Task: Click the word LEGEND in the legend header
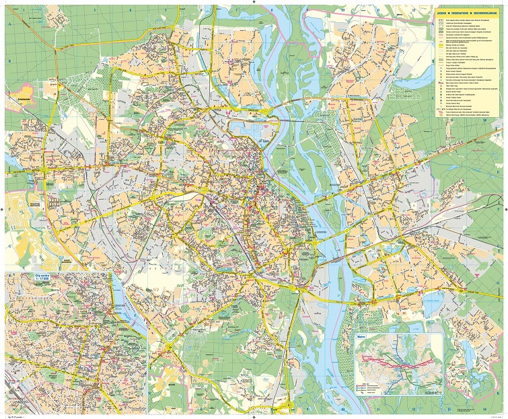click(x=442, y=11)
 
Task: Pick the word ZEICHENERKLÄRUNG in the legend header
click(x=489, y=11)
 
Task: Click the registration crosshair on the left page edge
click(x=4, y=209)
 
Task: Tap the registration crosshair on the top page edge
click(x=254, y=3)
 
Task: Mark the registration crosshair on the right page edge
click(x=504, y=209)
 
